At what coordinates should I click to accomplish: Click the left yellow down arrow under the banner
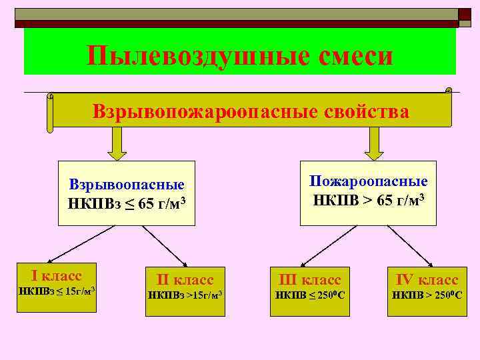(117, 143)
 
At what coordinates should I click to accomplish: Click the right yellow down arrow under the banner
(375, 143)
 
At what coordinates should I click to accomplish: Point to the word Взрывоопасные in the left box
(127, 185)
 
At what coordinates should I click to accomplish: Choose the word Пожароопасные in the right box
(369, 181)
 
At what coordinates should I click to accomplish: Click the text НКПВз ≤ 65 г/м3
(127, 202)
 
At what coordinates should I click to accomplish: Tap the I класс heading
(57, 275)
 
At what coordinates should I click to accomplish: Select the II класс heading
(185, 279)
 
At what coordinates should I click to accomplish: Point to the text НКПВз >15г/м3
(185, 295)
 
